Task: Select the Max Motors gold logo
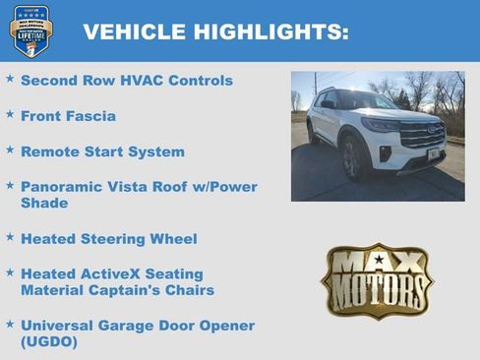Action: [x=377, y=281]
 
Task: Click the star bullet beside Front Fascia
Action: [x=10, y=114]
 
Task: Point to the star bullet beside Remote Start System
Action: [x=10, y=150]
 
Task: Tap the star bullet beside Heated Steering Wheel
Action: [x=10, y=237]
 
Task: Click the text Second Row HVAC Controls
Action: [x=127, y=80]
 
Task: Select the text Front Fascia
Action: [x=68, y=116]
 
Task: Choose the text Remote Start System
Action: [x=102, y=152]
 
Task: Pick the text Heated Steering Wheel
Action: [x=108, y=239]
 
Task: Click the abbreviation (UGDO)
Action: [x=49, y=342]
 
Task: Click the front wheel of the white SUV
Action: [x=351, y=160]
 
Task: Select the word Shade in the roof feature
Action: [x=44, y=203]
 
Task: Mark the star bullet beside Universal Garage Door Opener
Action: [x=10, y=324]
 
